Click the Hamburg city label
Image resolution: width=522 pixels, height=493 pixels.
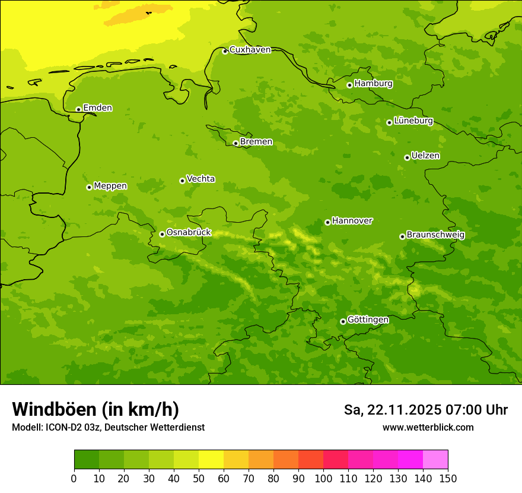point(373,84)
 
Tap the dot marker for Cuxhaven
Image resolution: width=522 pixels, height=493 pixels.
point(225,52)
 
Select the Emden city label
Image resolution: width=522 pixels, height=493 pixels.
point(97,108)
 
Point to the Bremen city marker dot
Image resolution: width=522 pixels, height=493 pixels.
point(235,143)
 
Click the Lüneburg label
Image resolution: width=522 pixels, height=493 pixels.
point(413,121)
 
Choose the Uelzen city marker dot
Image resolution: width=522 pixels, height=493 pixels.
point(407,157)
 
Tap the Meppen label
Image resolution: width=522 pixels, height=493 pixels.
point(110,186)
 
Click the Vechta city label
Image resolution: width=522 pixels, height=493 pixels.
point(200,179)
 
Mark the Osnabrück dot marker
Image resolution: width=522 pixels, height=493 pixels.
point(162,234)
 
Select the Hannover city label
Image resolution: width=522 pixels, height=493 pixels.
point(352,221)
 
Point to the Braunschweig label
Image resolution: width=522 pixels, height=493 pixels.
point(435,235)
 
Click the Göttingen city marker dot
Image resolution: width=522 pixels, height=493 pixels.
point(343,321)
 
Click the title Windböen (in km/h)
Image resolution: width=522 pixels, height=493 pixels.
point(96,409)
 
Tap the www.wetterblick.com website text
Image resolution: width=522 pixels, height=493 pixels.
point(428,427)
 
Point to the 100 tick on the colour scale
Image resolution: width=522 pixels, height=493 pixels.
point(323,478)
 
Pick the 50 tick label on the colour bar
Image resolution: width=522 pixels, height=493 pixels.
point(199,478)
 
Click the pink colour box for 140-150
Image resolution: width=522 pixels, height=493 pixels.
point(435,460)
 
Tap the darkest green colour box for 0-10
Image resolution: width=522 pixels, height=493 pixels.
point(87,460)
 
